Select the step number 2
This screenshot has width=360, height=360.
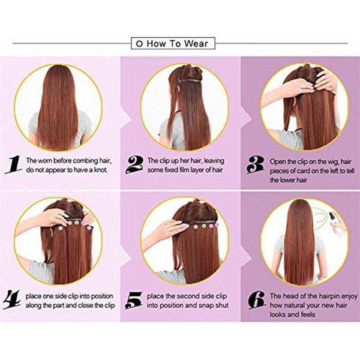pos(134,164)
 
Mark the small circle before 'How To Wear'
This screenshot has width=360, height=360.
pos(139,44)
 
